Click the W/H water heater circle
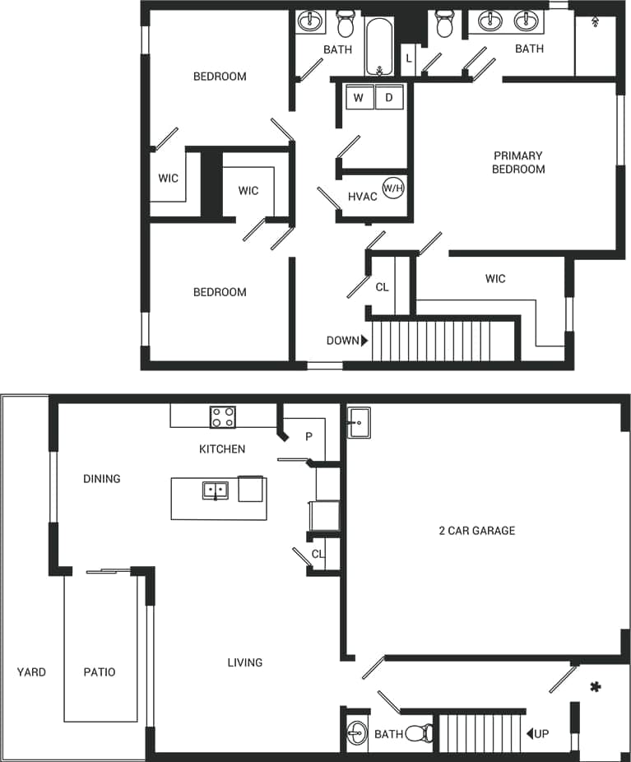tap(393, 188)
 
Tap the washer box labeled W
tap(359, 98)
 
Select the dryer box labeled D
tap(389, 98)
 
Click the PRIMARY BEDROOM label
tap(518, 162)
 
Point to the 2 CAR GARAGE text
tap(477, 531)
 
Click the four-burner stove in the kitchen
tap(222, 417)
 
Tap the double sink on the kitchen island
tap(215, 491)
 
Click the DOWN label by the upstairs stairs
tap(342, 341)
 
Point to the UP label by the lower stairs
tap(541, 733)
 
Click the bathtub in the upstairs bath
tap(379, 47)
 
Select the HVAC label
tap(363, 197)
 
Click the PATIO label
tap(100, 672)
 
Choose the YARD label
tap(31, 672)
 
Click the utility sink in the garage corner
tap(359, 423)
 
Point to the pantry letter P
tap(309, 437)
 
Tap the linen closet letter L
tap(407, 58)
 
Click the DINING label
tap(102, 479)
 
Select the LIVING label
tap(245, 662)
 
